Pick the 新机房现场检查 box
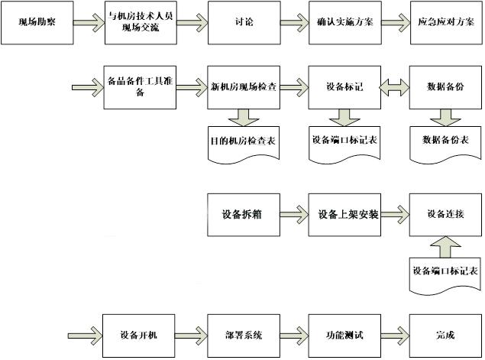tap(243, 86)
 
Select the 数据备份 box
tap(445, 86)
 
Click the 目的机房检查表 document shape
tap(243, 142)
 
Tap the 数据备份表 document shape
tap(445, 142)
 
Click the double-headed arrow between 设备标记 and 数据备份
tap(394, 87)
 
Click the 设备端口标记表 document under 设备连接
tap(445, 272)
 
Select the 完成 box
tap(444, 335)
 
